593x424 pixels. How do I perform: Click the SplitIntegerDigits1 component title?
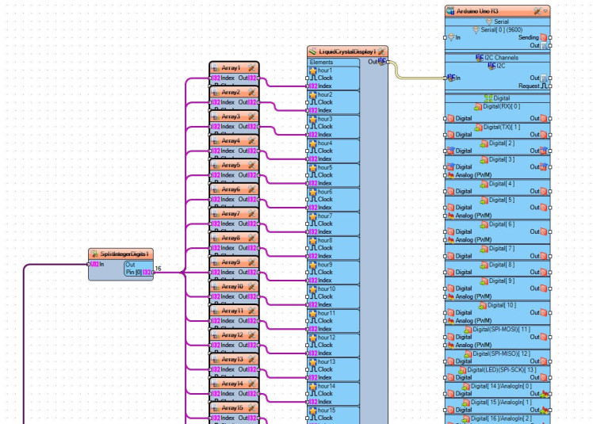[124, 254]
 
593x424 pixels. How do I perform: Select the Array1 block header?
[231, 68]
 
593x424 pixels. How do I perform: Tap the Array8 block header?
[231, 238]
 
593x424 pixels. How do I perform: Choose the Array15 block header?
[231, 407]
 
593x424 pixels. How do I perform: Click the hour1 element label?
[325, 71]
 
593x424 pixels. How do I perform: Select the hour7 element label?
[325, 216]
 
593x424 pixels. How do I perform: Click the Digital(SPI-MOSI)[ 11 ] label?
[503, 328]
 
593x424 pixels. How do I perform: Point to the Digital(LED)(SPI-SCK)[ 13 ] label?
[503, 369]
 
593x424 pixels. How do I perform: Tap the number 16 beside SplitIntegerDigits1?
[158, 269]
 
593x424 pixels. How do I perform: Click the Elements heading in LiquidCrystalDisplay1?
[321, 62]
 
